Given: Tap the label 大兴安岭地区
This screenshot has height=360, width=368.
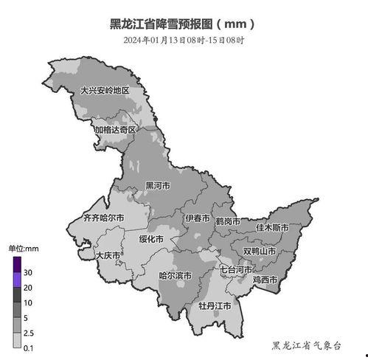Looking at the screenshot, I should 104,91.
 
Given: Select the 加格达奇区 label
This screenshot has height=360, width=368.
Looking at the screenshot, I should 114,130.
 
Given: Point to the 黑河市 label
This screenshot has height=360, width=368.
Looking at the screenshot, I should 157,186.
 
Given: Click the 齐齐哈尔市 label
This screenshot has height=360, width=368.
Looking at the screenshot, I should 103,219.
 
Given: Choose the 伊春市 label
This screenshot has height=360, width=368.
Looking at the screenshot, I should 197,219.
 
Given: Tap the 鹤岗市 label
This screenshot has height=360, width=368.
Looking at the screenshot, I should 228,221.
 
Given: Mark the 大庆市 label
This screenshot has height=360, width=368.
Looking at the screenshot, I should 108,255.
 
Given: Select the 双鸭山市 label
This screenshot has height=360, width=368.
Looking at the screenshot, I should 260,252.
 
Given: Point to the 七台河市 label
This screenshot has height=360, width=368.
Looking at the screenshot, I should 237,270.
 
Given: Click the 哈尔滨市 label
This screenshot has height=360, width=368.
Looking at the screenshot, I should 176,276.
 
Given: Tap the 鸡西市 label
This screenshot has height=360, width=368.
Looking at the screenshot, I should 265,280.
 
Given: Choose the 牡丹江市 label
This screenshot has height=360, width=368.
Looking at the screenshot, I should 215,305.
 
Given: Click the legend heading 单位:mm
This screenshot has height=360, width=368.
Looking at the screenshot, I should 23,249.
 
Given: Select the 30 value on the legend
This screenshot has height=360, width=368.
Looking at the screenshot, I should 28,273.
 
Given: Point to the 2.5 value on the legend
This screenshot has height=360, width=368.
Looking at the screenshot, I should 29,333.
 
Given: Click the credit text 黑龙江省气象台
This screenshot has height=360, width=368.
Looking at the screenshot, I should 307,345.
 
